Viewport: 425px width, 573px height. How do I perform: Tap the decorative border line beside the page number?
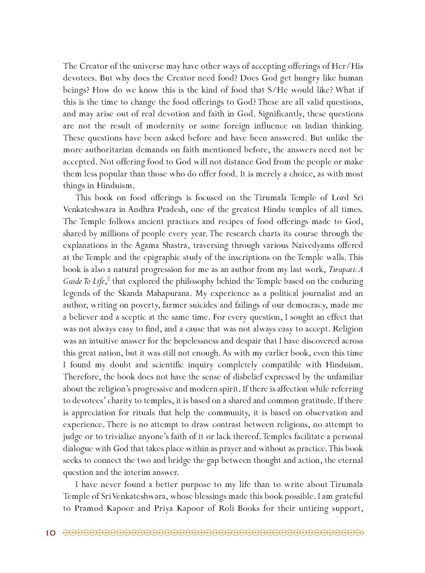[213, 533]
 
